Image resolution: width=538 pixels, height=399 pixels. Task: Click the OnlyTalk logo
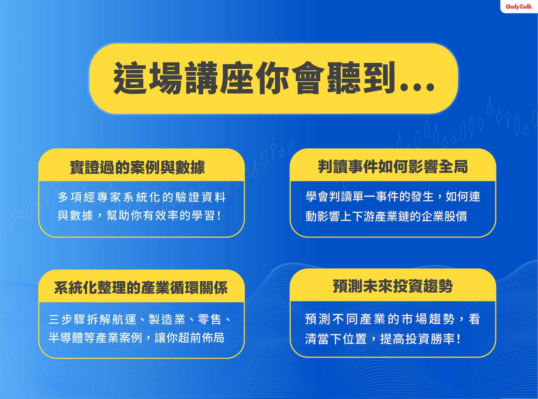[x=519, y=6]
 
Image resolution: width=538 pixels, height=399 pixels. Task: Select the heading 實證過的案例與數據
[x=137, y=167]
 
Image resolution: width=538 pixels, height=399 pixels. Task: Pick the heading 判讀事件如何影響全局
[x=393, y=167]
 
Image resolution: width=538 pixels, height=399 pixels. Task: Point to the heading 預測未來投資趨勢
[x=393, y=286]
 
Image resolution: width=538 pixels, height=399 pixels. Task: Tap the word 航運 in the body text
[x=124, y=319]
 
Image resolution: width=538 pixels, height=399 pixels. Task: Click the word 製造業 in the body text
[x=167, y=319]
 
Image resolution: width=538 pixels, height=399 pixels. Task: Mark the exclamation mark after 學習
[x=219, y=216]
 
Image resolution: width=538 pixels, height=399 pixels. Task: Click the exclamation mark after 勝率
[x=458, y=339]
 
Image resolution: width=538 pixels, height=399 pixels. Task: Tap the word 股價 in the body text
[x=455, y=216]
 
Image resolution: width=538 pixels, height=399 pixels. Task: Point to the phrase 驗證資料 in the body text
[x=201, y=197]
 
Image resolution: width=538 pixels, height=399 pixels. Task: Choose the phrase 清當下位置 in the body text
[x=336, y=339]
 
